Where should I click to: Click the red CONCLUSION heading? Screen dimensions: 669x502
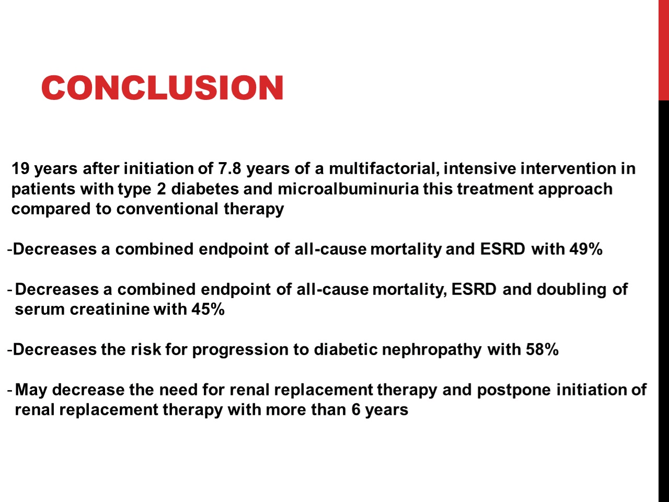tap(163, 88)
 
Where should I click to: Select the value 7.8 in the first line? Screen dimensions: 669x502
tap(229, 168)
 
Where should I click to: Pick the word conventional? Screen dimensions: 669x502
tap(167, 209)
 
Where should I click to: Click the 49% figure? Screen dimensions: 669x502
tap(586, 249)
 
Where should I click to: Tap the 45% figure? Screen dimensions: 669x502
tap(208, 310)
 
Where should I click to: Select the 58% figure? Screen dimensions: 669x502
tap(542, 350)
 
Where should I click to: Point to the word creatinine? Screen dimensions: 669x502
tap(110, 310)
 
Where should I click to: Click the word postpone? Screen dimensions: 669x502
tap(514, 391)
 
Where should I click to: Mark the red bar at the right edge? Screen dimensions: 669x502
tap(664, 50)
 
